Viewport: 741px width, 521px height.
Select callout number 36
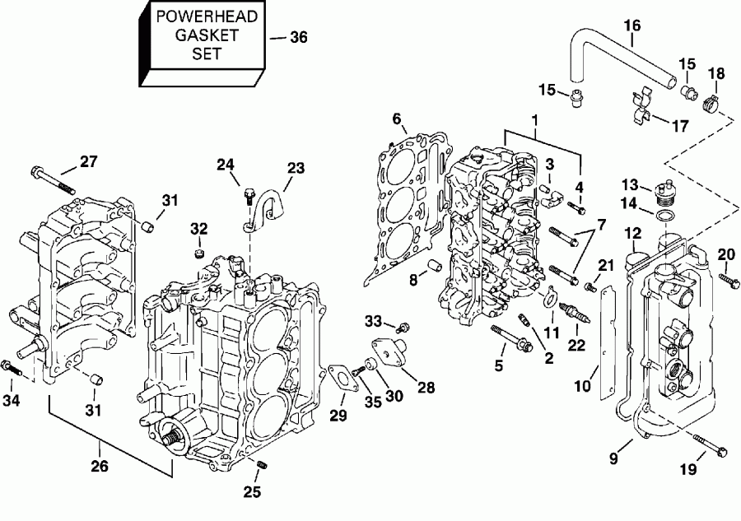(x=299, y=37)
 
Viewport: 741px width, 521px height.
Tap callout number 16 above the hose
(x=632, y=26)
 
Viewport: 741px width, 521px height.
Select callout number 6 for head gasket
(x=398, y=120)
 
